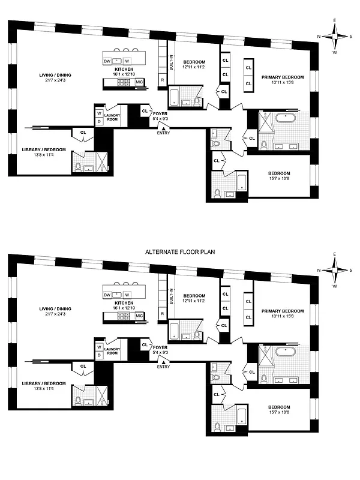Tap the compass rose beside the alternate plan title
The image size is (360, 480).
[x=335, y=269]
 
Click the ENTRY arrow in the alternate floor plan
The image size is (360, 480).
[x=163, y=361]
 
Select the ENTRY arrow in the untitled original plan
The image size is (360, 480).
[x=163, y=127]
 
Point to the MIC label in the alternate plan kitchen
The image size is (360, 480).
[x=139, y=316]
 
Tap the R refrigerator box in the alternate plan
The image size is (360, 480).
[x=163, y=314]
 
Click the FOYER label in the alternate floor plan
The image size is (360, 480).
[x=160, y=347]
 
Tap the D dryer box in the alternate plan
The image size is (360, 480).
[x=99, y=355]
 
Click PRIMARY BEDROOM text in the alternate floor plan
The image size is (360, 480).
[x=282, y=311]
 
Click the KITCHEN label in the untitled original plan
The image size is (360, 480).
[x=124, y=69]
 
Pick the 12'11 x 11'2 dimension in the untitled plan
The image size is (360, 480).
[x=194, y=68]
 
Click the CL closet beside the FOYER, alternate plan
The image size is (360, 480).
[x=145, y=344]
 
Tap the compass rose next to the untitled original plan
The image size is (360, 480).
[x=335, y=35]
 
